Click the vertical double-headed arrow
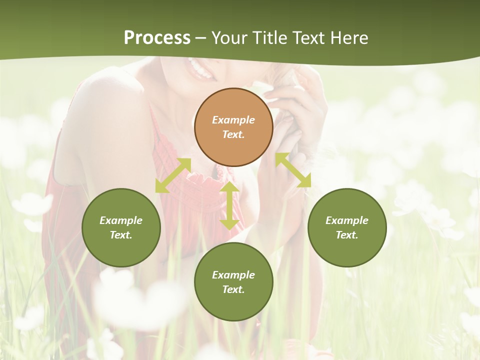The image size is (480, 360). click(229, 205)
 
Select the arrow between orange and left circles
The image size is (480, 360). click(173, 175)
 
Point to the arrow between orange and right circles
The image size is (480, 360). click(293, 170)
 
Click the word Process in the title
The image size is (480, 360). click(157, 37)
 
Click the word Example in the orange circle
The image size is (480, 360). click(233, 120)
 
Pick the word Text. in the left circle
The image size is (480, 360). click(121, 235)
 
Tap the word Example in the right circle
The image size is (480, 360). click(347, 220)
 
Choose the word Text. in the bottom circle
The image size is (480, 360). click(233, 289)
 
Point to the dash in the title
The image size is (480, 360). click(201, 38)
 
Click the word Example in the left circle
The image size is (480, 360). click(121, 220)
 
